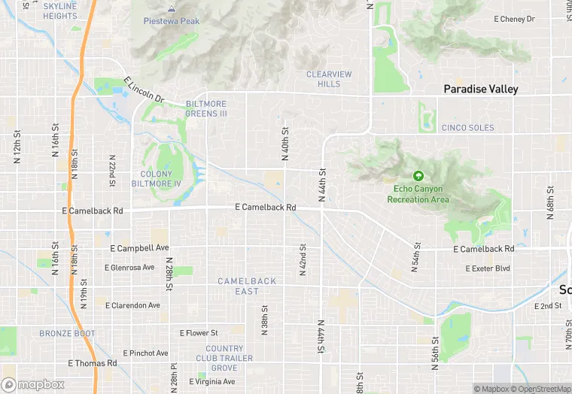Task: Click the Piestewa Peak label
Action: tap(172, 21)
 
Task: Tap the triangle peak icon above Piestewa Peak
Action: tap(172, 9)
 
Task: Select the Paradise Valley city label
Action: tap(481, 89)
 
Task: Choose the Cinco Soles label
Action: tap(468, 128)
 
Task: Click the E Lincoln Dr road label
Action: tap(144, 89)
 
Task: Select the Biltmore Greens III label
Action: tap(206, 109)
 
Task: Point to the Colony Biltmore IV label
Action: tap(157, 178)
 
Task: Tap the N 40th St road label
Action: tap(285, 143)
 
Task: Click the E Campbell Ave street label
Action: tap(139, 248)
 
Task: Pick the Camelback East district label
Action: tap(247, 286)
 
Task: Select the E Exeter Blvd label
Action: tap(488, 268)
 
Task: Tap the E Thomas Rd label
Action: tap(93, 363)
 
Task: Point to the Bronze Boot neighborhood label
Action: tap(68, 333)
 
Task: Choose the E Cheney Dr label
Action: tap(514, 19)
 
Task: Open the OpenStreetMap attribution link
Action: tap(542, 389)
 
